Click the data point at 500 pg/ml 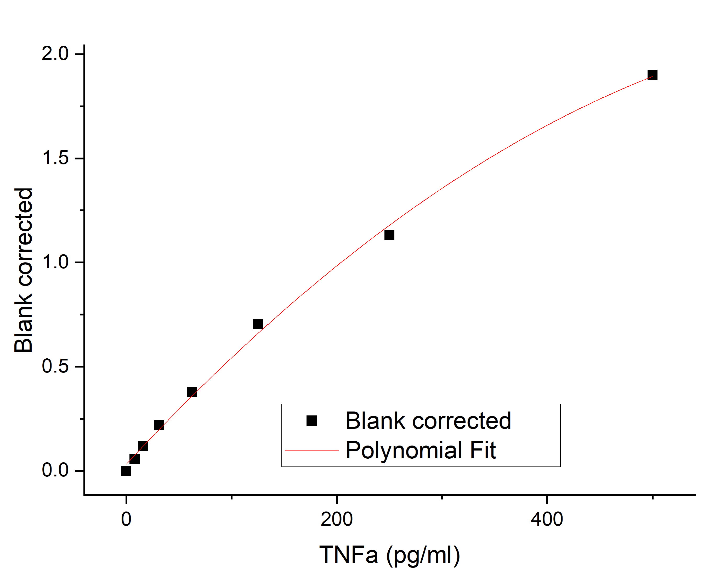[x=652, y=75]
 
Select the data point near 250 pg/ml [x=389, y=235]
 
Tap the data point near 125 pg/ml [x=258, y=324]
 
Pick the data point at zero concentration [x=126, y=470]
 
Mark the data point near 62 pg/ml [x=192, y=392]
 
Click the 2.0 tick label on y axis [x=55, y=54]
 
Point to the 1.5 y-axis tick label [x=55, y=158]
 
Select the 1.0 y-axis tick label [x=55, y=262]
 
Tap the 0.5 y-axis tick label [x=55, y=366]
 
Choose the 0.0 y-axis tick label [x=55, y=470]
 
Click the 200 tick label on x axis [x=337, y=519]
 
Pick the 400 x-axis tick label [x=547, y=519]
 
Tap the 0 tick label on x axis [x=126, y=519]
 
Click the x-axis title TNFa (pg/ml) [x=389, y=555]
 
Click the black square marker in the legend [x=311, y=420]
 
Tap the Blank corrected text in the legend [x=428, y=420]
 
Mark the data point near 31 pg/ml [x=159, y=425]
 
